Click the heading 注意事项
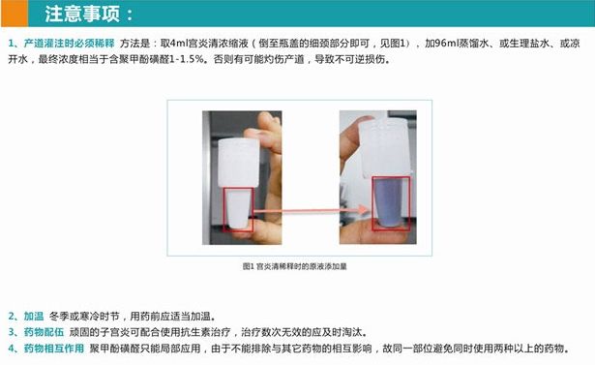click(x=82, y=14)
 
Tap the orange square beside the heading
click(x=15, y=14)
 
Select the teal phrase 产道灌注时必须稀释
click(x=69, y=44)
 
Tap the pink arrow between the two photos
click(x=311, y=210)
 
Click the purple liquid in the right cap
click(x=390, y=201)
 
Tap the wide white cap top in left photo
click(x=239, y=163)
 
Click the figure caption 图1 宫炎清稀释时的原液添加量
click(x=294, y=266)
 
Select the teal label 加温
click(x=34, y=316)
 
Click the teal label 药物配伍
click(x=44, y=332)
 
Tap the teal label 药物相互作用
click(x=54, y=349)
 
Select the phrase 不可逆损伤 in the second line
click(x=365, y=60)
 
